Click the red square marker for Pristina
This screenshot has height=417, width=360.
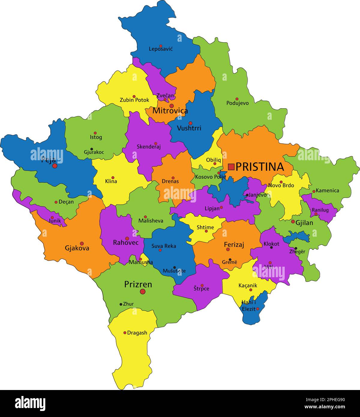231,167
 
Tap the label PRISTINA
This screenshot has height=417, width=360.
259,167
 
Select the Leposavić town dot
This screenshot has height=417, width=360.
161,46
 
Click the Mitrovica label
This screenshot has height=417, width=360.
170,111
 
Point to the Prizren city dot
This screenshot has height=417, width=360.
142,292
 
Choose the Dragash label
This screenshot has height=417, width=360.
137,333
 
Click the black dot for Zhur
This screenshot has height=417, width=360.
121,304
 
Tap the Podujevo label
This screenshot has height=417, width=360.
237,103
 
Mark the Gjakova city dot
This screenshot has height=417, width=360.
82,243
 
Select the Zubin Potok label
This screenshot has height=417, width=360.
134,100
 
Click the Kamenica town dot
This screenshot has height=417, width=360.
314,191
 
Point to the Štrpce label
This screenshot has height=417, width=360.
201,289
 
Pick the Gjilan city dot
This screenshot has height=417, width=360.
293,221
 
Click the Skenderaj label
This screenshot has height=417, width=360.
149,147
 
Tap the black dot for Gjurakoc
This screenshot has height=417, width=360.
91,149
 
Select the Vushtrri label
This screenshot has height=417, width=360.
189,128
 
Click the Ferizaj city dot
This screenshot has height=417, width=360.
228,249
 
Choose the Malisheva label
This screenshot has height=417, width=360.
151,221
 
